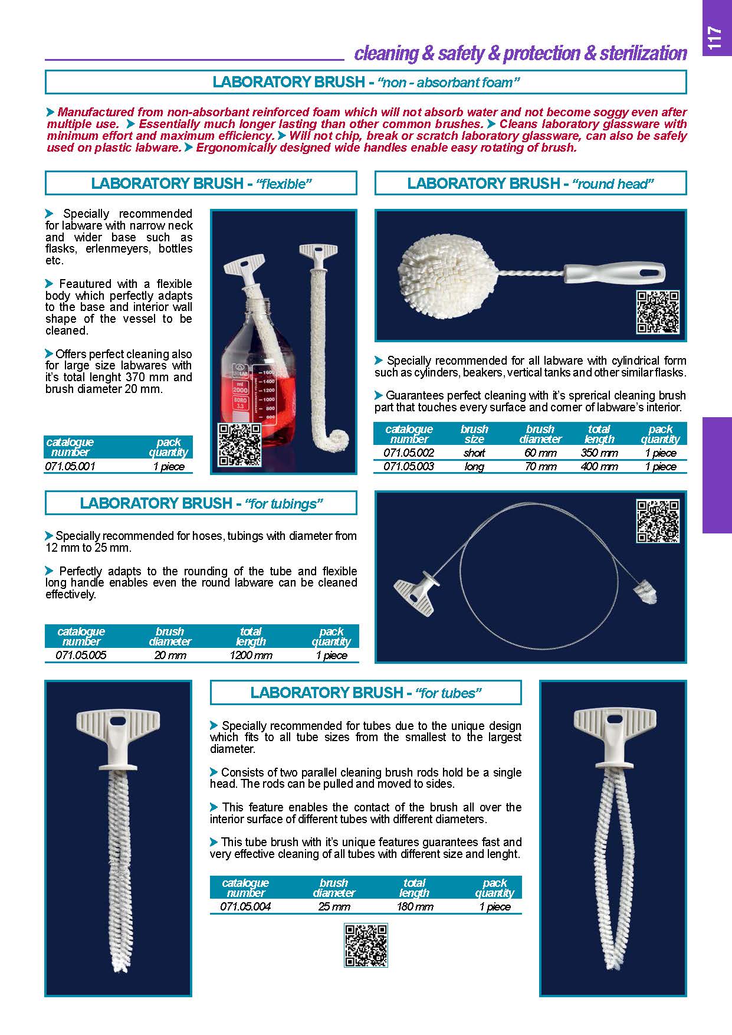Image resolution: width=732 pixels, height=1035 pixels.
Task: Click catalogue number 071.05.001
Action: click(70, 466)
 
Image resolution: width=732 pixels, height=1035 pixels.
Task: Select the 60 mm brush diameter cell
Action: click(540, 453)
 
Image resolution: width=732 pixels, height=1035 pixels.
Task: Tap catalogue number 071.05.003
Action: click(409, 467)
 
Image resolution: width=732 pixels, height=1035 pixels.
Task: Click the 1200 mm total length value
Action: click(251, 655)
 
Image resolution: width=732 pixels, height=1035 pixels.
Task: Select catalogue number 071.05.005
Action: click(81, 655)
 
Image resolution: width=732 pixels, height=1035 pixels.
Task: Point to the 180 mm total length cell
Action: click(415, 906)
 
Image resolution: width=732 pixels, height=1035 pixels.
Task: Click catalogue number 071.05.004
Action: click(245, 906)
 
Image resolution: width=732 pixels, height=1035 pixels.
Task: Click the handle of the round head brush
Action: click(613, 275)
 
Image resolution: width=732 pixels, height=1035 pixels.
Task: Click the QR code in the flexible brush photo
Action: click(239, 445)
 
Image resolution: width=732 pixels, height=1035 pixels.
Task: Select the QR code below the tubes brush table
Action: click(366, 945)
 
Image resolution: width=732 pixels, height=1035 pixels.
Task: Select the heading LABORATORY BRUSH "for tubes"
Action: click(366, 693)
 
